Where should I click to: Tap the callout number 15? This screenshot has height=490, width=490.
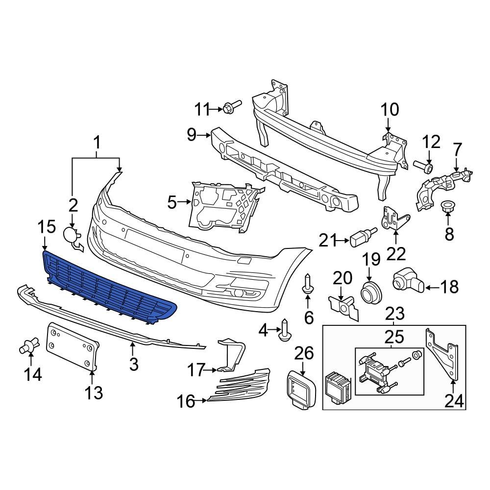(47, 227)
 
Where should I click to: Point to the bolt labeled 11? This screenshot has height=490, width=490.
(231, 106)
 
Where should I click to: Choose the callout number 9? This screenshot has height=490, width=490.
(191, 134)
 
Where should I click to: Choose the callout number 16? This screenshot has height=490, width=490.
(186, 402)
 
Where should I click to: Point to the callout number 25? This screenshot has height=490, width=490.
(394, 337)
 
